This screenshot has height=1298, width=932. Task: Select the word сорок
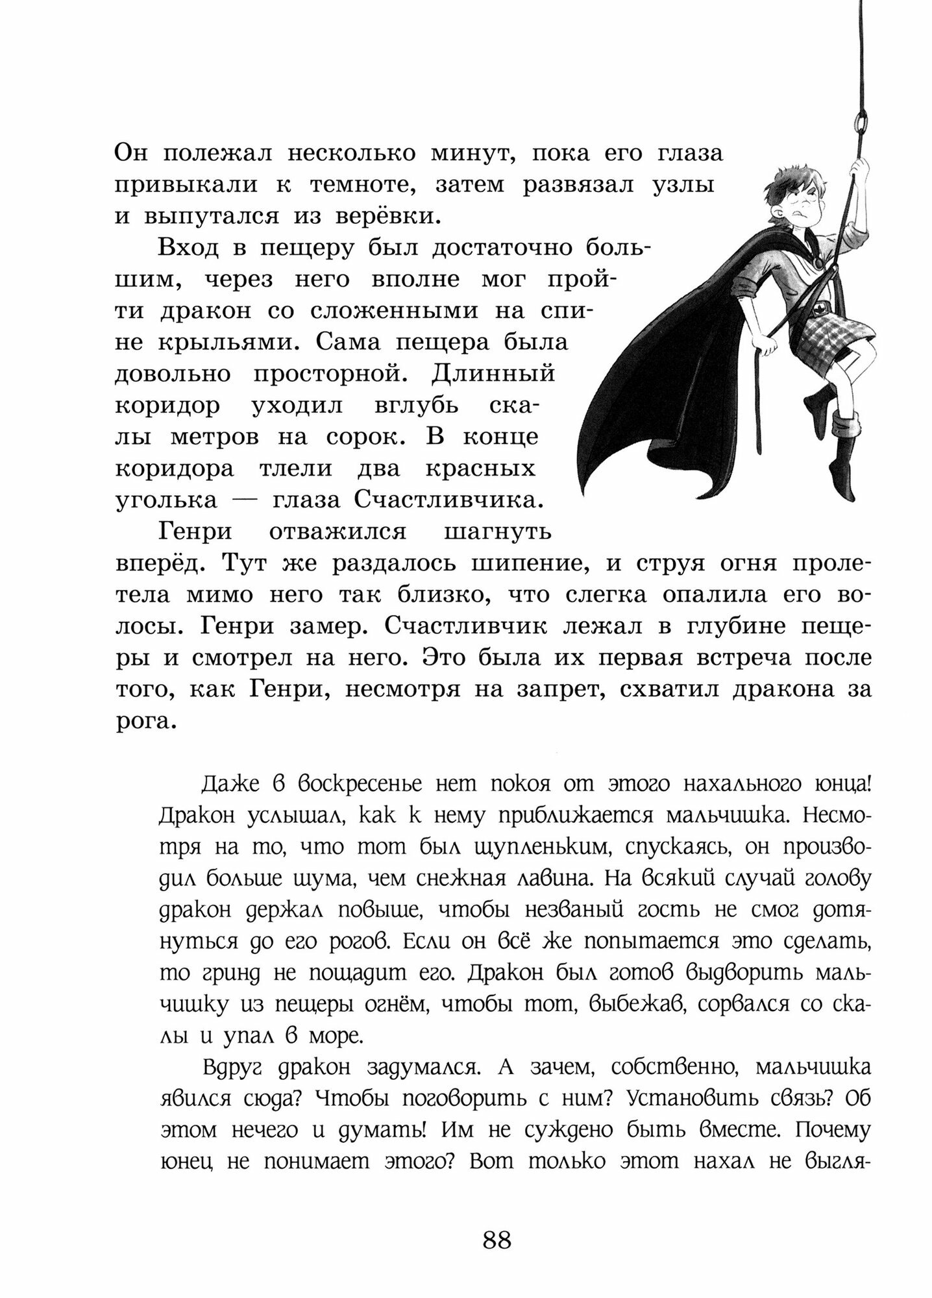[x=365, y=437]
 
